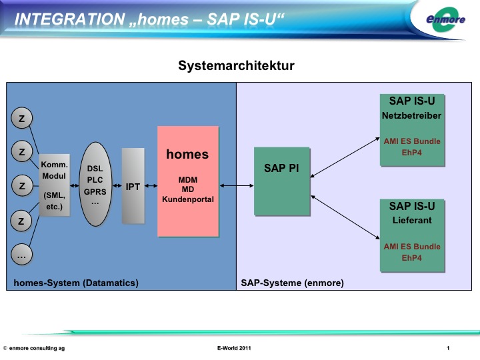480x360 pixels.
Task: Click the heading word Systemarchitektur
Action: coord(236,65)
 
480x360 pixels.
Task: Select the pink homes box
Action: coord(187,181)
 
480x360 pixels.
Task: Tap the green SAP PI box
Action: coord(282,180)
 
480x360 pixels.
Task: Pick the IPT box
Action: coord(133,186)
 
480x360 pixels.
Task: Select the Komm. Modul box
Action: coord(54,186)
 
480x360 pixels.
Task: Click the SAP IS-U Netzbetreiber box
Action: coord(412,129)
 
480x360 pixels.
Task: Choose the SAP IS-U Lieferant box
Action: coord(412,235)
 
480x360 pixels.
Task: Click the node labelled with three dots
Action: coord(22,254)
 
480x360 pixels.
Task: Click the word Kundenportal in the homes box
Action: coord(187,199)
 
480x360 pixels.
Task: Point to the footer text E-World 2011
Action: coord(234,349)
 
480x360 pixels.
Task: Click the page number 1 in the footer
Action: coord(449,349)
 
